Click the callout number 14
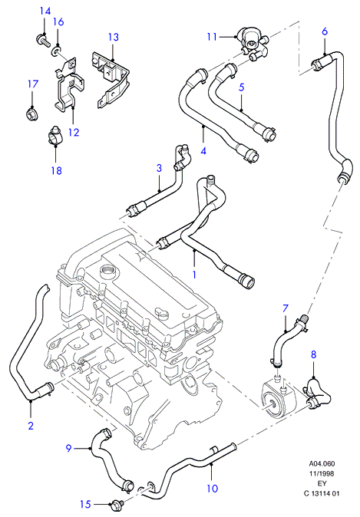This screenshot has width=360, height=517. coord(45,12)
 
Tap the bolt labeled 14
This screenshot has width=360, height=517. coord(42,40)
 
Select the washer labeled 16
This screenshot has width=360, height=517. coord(57,51)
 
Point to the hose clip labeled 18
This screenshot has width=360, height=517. coord(54,136)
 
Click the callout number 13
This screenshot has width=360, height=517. coord(113,37)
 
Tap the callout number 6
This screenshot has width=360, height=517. coord(325,31)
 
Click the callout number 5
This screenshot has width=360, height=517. coord(242,87)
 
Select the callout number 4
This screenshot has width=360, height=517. coord(203,151)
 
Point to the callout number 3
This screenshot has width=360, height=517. coord(159,168)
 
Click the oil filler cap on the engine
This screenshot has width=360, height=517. coord(108,272)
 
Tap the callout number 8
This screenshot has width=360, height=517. coord(313,354)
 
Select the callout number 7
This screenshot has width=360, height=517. coord(286,308)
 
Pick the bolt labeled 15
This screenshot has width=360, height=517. coord(117,503)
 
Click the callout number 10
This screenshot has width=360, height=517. coord(213,489)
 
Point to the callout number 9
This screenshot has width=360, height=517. coord(68,448)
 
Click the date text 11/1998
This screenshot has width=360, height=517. coord(322,474)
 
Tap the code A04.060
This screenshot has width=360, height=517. coord(322,464)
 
